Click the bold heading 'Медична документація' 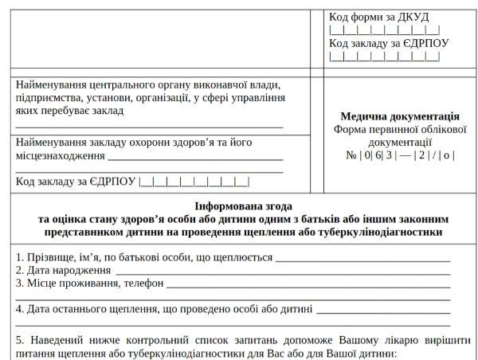point(399,115)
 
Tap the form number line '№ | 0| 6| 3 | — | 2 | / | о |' point(400,155)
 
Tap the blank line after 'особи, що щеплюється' point(362,257)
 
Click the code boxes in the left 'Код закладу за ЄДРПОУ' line point(194,182)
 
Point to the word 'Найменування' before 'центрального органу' point(53,84)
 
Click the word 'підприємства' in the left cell point(50,98)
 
